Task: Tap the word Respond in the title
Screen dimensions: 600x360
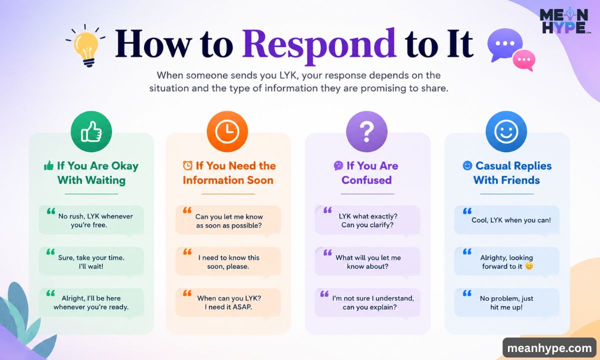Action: [x=319, y=45]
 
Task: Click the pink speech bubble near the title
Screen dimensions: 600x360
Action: [x=524, y=60]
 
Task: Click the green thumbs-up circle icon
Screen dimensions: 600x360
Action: [x=91, y=131]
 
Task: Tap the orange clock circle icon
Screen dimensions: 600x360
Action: [x=227, y=131]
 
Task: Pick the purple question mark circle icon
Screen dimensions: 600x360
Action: [x=366, y=131]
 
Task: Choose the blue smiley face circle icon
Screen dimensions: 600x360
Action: [x=506, y=131]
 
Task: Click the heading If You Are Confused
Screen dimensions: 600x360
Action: [x=366, y=173]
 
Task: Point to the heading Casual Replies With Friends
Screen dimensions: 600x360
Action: [x=507, y=173]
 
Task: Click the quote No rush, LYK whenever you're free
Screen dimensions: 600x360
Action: [x=95, y=220]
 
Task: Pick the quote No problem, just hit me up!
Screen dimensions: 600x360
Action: [x=506, y=302]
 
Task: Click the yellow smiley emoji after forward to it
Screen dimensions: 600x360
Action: [x=529, y=266]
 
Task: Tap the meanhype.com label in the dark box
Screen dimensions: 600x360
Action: [x=549, y=348]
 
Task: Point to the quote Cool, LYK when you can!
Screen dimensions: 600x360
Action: [x=511, y=220]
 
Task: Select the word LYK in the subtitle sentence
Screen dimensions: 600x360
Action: [x=289, y=75]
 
